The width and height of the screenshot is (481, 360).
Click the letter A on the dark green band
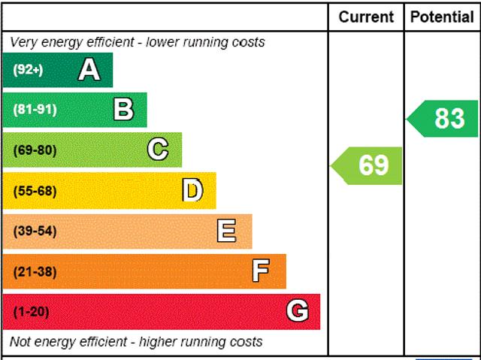89,70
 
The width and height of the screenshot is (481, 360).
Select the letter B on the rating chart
123,110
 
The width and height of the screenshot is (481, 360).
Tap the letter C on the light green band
158,150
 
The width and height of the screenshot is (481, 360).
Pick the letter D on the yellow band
193,191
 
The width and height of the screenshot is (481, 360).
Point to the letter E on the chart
226,231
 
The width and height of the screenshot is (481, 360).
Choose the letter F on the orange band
261,271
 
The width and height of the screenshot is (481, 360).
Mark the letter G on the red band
298,311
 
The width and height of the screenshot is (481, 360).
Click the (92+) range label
29,71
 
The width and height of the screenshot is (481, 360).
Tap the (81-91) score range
35,110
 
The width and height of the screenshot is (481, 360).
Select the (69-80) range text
35,150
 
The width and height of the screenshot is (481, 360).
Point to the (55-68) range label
35,191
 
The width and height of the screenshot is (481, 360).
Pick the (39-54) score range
35,231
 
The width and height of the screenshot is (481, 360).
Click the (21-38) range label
35,272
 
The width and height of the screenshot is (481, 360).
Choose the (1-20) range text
31,312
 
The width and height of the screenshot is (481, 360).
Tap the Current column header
366,17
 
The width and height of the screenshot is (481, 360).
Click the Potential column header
442,17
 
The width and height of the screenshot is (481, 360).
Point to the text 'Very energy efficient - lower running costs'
138,42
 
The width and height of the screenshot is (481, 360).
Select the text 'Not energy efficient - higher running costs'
137,342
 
